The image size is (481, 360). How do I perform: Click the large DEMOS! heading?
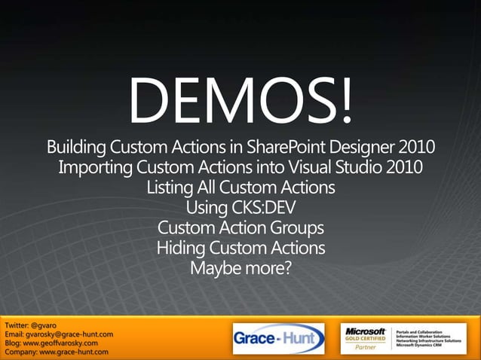point(240,102)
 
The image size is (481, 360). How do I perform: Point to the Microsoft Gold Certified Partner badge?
point(366,338)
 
